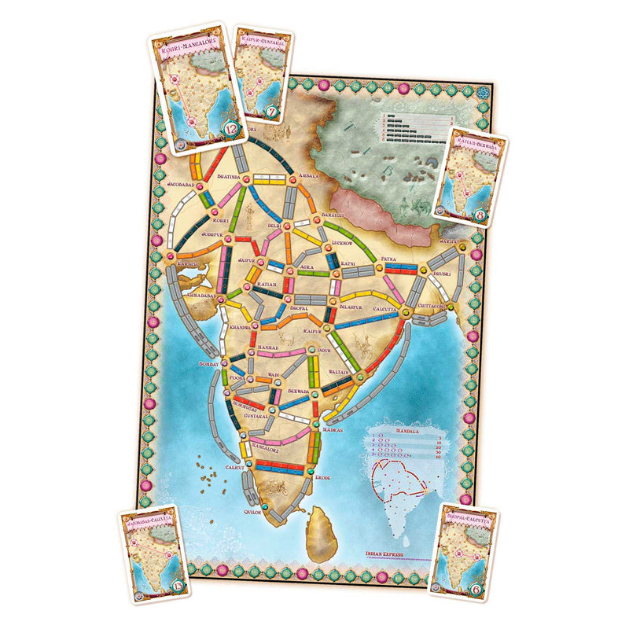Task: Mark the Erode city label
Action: (x=326, y=477)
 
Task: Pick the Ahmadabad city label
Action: (x=198, y=294)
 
